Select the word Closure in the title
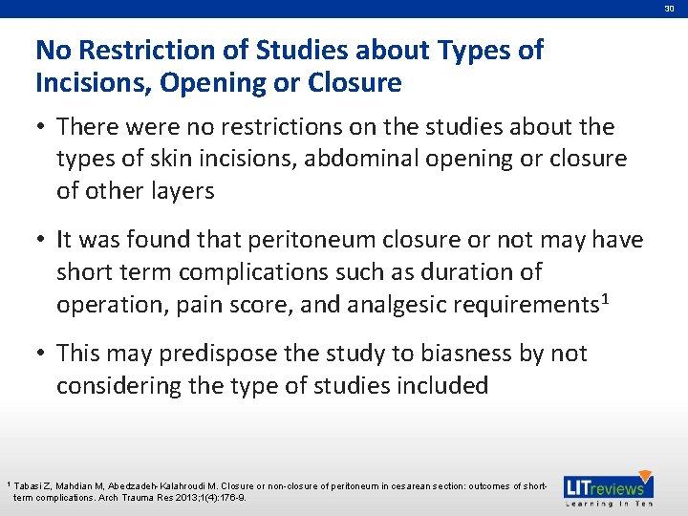pos(355,83)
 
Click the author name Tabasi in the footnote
pos(31,486)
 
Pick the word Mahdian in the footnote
pos(81,486)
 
